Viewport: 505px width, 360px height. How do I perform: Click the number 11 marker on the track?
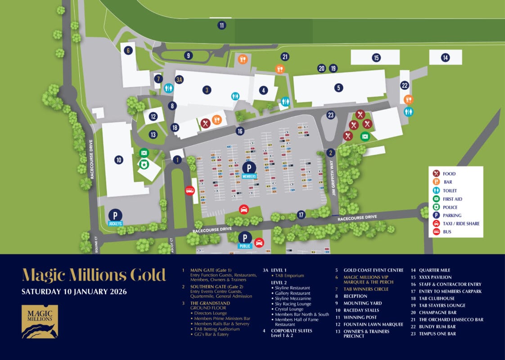point(222,25)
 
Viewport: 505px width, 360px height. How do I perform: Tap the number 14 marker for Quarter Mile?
point(445,58)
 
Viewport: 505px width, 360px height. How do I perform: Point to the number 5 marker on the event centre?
point(338,88)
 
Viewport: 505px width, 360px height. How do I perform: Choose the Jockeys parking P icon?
point(115,215)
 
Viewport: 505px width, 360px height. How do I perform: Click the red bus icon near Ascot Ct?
point(189,191)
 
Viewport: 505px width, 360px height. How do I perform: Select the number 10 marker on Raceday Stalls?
point(119,159)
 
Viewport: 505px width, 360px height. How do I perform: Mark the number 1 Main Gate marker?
point(177,159)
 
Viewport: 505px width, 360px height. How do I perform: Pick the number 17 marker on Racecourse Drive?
point(301,215)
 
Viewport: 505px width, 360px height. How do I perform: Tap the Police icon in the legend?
point(436,207)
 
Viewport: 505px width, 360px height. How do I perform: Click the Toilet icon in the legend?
point(436,190)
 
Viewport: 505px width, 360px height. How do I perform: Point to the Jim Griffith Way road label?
point(334,178)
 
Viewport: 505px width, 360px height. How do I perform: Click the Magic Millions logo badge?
point(40,321)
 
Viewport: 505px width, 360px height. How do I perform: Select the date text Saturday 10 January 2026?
point(74,292)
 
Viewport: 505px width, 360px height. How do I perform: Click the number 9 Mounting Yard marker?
point(189,56)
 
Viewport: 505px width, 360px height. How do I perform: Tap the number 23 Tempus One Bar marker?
point(331,115)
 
